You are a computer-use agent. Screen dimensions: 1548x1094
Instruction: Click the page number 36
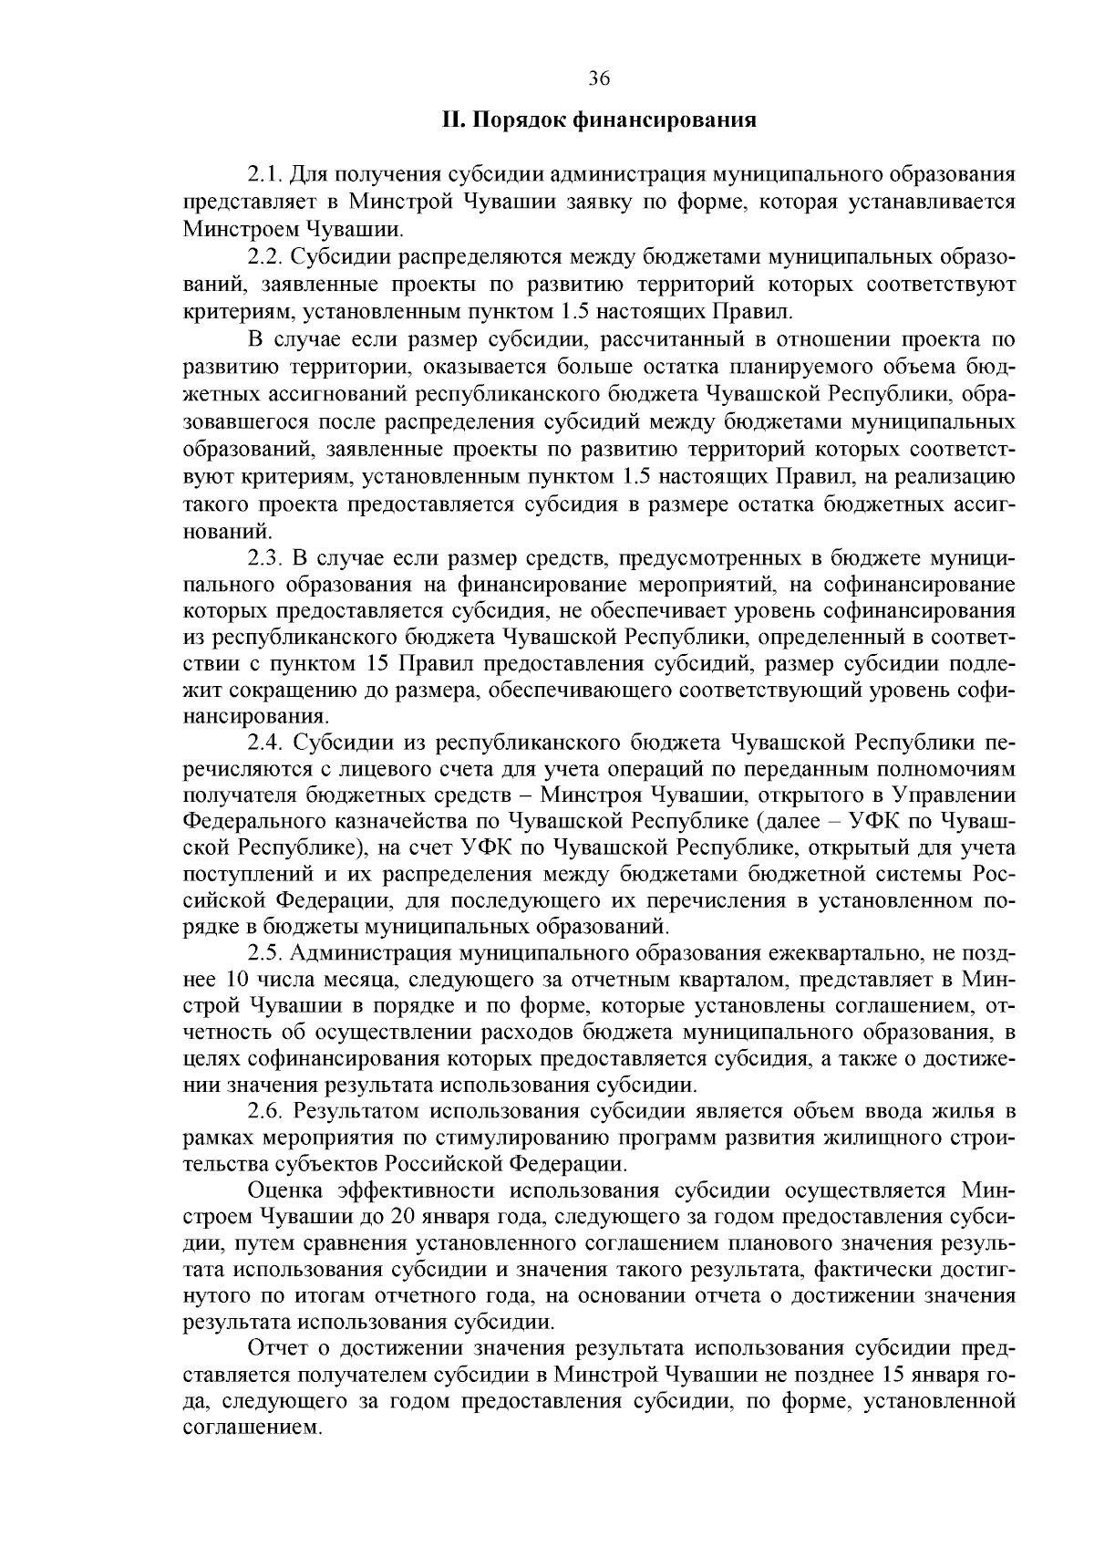point(599,78)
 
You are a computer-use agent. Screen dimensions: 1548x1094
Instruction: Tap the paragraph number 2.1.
point(267,174)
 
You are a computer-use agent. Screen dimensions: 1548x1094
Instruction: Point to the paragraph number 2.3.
point(267,557)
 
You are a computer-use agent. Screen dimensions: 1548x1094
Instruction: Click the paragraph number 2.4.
point(267,743)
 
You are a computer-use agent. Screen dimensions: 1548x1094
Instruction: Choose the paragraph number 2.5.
point(267,954)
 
